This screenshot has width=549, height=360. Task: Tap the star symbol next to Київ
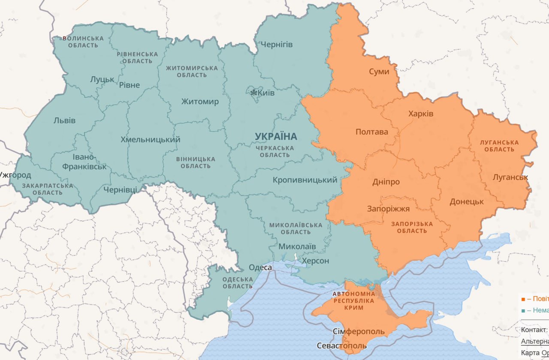(x=253, y=93)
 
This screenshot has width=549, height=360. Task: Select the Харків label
(x=421, y=114)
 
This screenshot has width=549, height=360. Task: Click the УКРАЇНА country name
(x=276, y=136)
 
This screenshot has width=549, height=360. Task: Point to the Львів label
(x=64, y=120)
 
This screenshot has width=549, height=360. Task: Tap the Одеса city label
(x=261, y=267)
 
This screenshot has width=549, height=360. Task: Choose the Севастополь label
(x=342, y=345)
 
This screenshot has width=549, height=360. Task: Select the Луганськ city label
(x=510, y=177)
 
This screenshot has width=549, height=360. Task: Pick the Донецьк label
(x=467, y=201)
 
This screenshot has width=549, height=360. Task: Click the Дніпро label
(x=386, y=182)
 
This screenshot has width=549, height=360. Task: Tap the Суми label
(x=379, y=71)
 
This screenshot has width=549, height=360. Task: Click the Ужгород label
(x=15, y=175)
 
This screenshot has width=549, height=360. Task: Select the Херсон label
(x=316, y=261)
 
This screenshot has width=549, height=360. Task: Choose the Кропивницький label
(x=305, y=180)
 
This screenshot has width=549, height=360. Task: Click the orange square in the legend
(x=523, y=299)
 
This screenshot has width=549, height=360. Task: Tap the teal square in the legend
(x=523, y=310)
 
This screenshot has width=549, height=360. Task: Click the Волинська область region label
(x=83, y=42)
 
